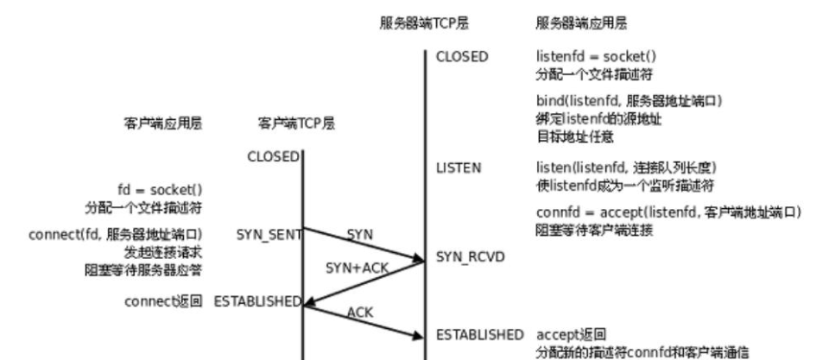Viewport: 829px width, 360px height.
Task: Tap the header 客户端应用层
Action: click(x=163, y=124)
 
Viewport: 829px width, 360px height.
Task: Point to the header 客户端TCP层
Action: click(x=296, y=124)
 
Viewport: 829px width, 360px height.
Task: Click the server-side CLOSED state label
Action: click(x=462, y=57)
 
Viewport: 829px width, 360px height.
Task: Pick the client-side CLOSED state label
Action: click(x=273, y=157)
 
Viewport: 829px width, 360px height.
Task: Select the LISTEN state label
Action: click(x=459, y=167)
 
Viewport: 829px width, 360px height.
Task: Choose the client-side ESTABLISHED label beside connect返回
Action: click(x=257, y=301)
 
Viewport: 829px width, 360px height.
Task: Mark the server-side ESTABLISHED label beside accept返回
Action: click(x=479, y=334)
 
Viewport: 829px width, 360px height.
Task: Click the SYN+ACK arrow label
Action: click(x=357, y=268)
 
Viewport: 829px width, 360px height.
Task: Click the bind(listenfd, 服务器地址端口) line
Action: click(x=629, y=102)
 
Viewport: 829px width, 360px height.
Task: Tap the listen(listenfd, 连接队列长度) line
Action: click(x=626, y=167)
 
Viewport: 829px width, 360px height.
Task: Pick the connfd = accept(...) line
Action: click(x=668, y=212)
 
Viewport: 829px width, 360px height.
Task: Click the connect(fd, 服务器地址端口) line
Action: click(x=115, y=234)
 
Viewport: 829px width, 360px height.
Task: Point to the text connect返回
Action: click(x=163, y=301)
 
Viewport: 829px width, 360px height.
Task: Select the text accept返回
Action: click(x=571, y=334)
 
